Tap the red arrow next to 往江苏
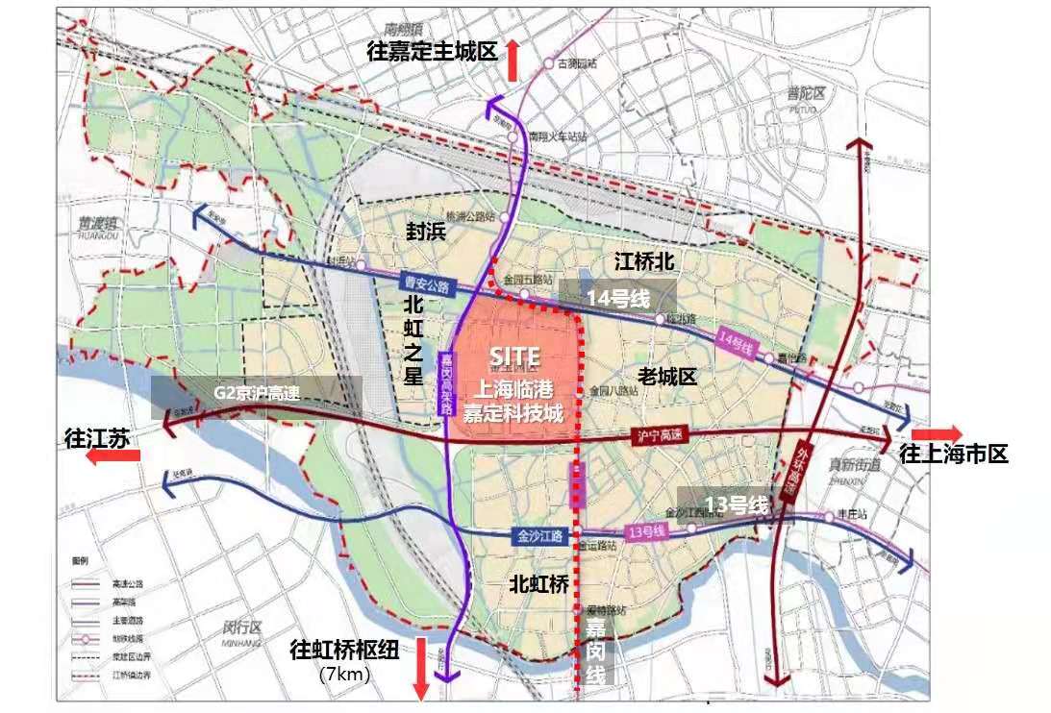click(x=113, y=457)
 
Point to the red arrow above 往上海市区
click(x=934, y=432)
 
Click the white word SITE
click(x=514, y=356)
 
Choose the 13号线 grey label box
click(x=737, y=504)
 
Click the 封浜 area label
click(x=424, y=231)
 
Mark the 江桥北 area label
click(x=644, y=261)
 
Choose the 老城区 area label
click(x=667, y=375)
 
